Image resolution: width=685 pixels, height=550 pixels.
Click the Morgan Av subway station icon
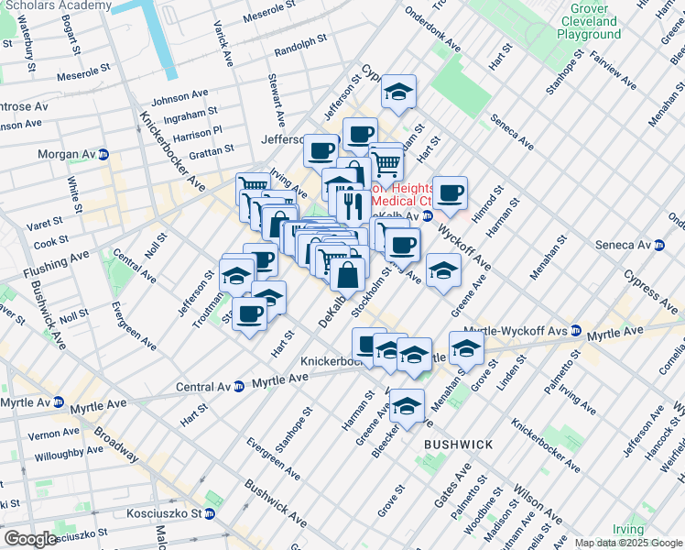tap(104, 154)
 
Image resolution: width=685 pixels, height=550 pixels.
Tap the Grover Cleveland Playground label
tap(589, 27)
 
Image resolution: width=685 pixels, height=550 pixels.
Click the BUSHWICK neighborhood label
tap(458, 445)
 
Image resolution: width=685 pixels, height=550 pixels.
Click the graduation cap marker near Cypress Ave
tap(398, 92)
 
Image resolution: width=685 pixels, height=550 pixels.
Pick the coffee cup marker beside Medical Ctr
tap(450, 193)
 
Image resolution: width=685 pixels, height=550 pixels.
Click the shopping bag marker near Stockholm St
tap(348, 273)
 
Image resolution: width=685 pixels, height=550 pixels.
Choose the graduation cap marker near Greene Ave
tap(443, 271)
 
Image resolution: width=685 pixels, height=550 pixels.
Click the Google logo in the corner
tap(31, 538)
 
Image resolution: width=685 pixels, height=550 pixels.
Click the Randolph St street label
tap(300, 43)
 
